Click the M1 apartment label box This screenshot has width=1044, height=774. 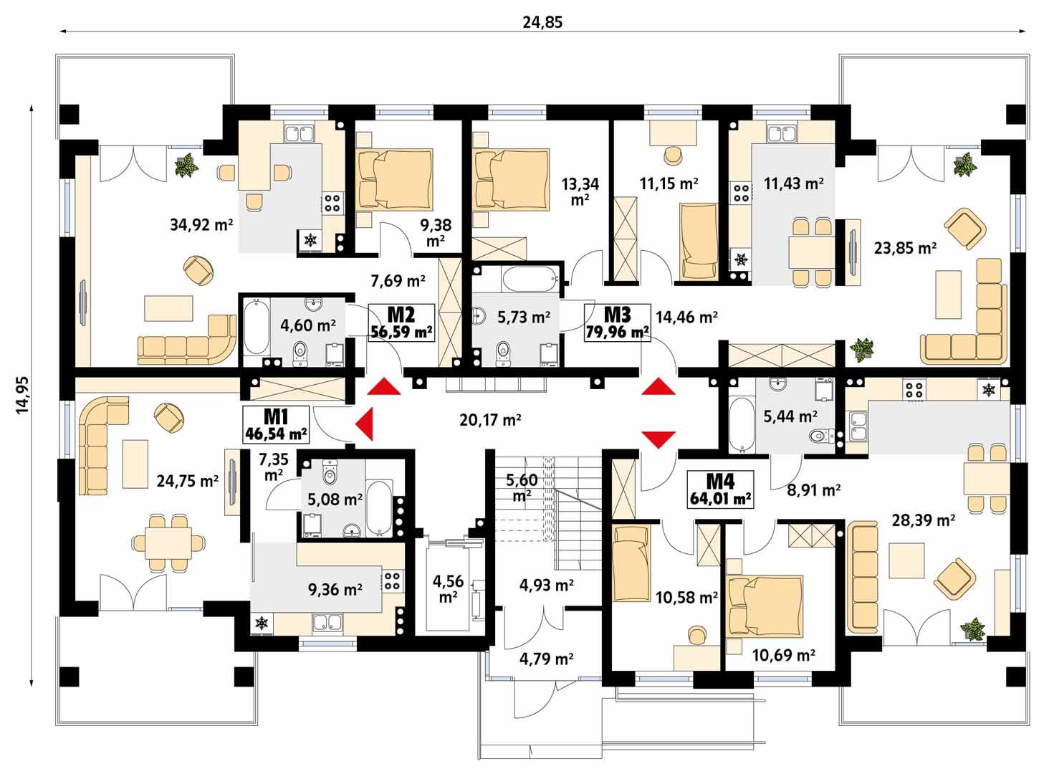point(276,424)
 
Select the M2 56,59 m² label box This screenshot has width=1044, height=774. point(401,322)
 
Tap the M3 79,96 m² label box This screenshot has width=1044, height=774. point(617,322)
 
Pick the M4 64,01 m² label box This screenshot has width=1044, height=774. point(720,489)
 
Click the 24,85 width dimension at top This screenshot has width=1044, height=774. point(542,22)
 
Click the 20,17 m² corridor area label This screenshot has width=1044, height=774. point(490,420)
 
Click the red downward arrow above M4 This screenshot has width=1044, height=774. point(658,438)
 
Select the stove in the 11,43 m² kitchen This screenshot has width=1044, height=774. point(740,192)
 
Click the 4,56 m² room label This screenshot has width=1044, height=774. point(449,588)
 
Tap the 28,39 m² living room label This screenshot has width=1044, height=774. point(923,520)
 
